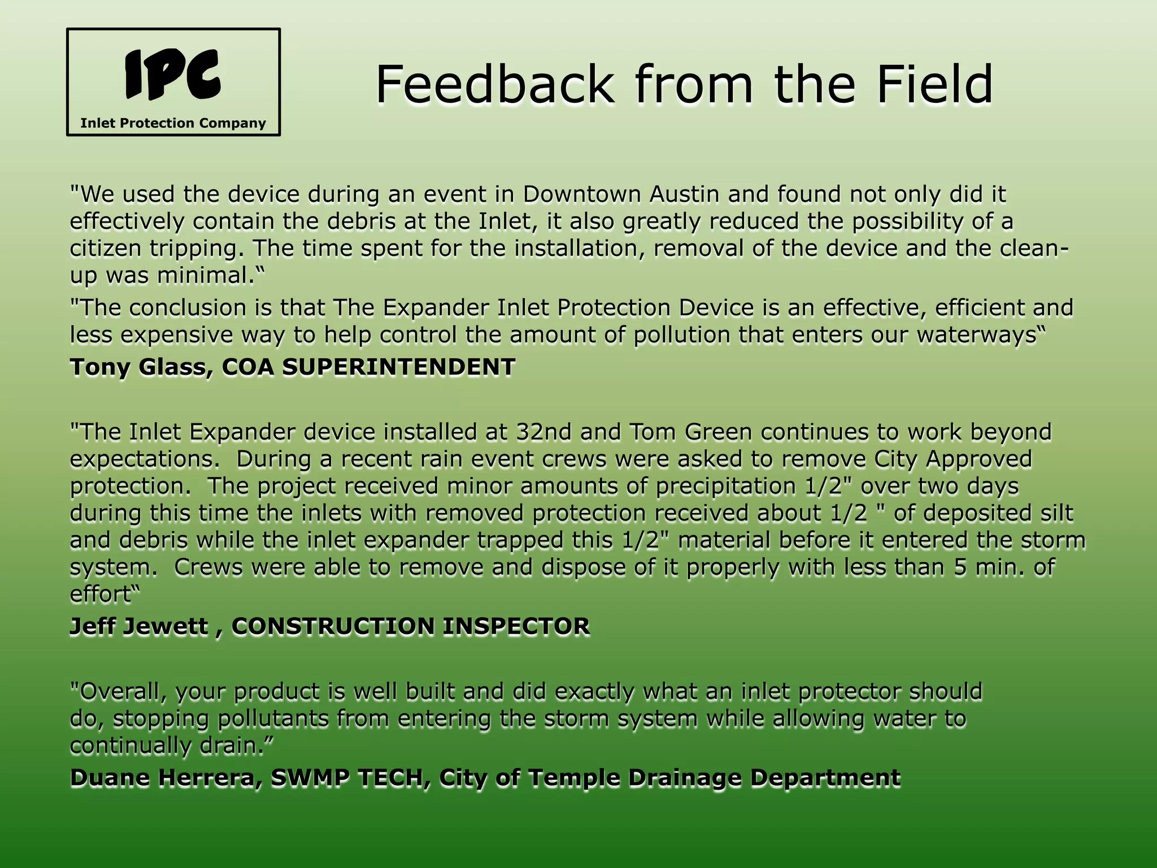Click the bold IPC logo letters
(x=173, y=73)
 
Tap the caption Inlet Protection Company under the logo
(x=173, y=123)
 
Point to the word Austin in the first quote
(x=684, y=194)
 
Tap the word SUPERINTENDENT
(x=399, y=367)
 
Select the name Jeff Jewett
(x=139, y=627)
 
